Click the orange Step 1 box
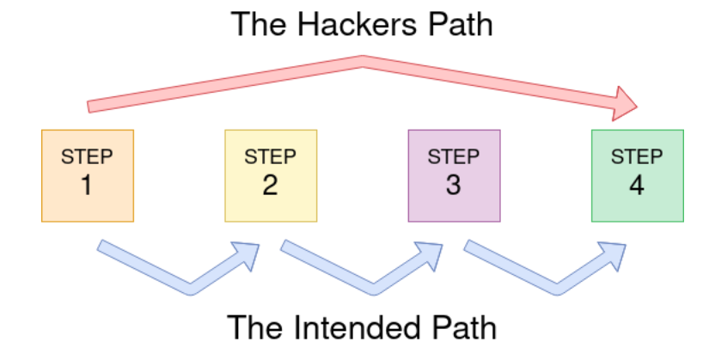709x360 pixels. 88,175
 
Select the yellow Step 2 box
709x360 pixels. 271,175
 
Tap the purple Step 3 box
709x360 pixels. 454,175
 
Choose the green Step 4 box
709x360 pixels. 638,175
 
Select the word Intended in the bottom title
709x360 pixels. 353,327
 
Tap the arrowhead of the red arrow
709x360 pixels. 625,103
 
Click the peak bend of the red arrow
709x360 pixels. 363,63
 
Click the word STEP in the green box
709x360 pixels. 638,157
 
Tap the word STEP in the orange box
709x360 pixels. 87,157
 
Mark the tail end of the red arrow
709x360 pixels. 89,106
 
